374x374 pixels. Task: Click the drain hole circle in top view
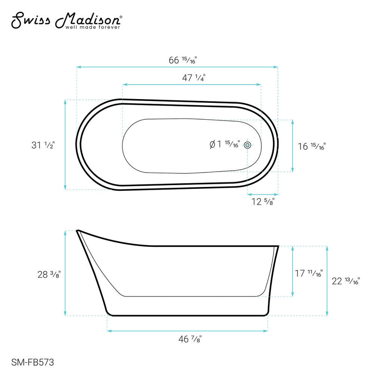[248, 145]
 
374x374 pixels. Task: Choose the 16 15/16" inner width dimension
[311, 146]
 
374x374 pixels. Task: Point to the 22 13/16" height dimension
[345, 281]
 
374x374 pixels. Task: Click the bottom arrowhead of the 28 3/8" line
[65, 314]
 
